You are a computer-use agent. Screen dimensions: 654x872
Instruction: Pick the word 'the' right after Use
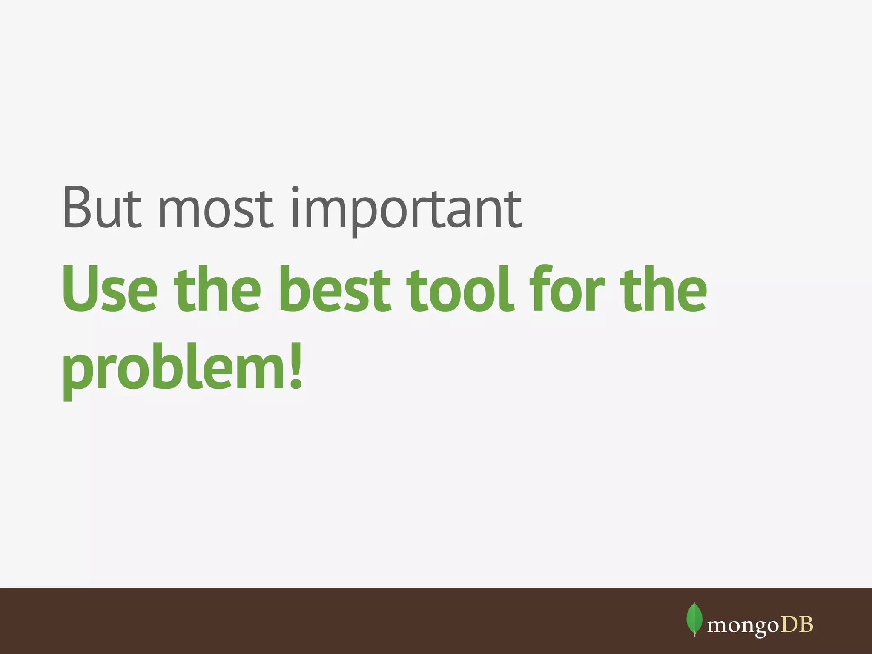217,289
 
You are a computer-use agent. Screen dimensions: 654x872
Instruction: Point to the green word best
334,289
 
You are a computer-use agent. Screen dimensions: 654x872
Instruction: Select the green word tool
460,289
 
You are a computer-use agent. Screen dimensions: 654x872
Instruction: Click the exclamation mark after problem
295,366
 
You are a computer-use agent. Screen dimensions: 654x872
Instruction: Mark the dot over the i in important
296,189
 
